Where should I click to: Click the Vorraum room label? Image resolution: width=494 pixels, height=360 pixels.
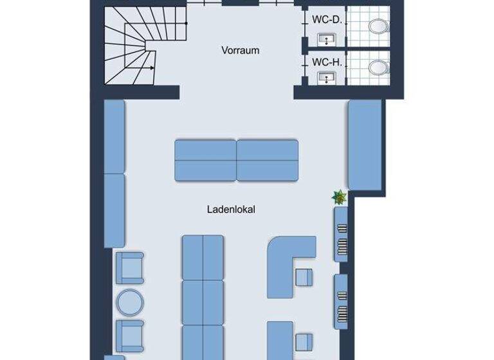pyautogui.click(x=240, y=50)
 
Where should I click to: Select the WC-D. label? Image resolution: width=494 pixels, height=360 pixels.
pyautogui.click(x=325, y=21)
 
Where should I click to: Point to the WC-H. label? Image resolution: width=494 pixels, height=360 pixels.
pyautogui.click(x=325, y=62)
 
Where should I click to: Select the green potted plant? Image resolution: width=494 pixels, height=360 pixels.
pyautogui.click(x=339, y=197)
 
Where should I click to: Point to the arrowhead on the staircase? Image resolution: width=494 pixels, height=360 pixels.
pyautogui.click(x=152, y=67)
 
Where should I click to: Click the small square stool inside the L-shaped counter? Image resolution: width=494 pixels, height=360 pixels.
pyautogui.click(x=304, y=277)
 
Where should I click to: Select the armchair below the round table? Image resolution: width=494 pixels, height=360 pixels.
pyautogui.click(x=129, y=334)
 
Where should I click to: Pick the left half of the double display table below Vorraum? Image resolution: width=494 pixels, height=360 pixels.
pyautogui.click(x=205, y=161)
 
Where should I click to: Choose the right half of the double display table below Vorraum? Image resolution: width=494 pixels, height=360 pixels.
pyautogui.click(x=268, y=161)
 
